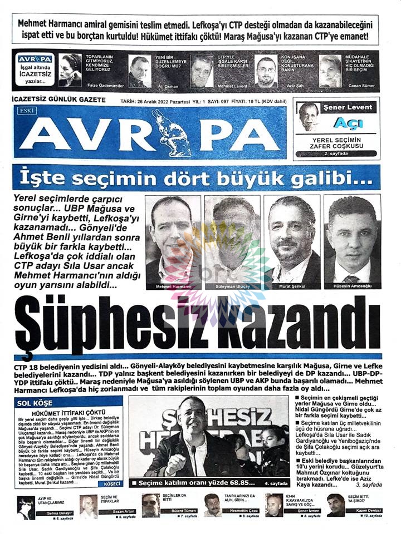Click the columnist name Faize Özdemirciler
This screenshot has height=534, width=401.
[104, 87]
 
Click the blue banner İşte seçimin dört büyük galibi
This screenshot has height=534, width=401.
[200, 178]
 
